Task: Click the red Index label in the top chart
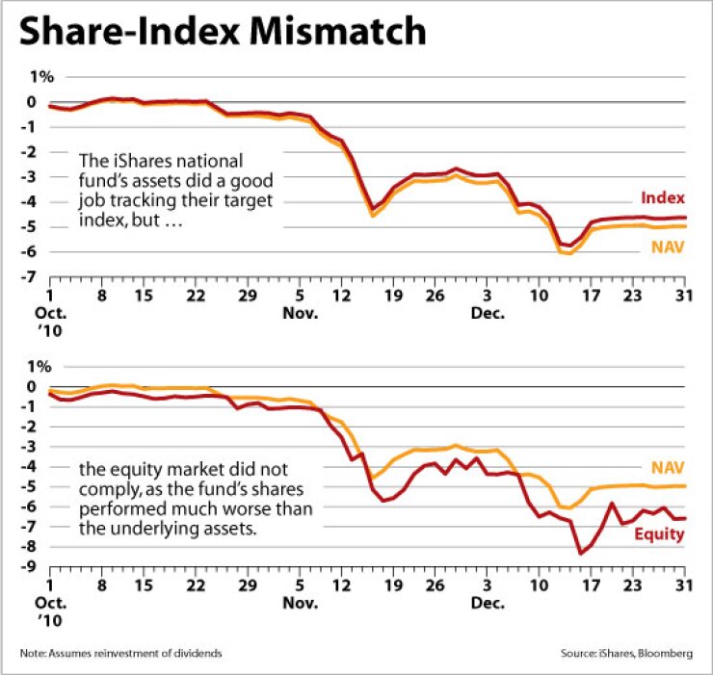tap(664, 197)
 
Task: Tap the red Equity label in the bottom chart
tap(661, 533)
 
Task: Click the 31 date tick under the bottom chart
tap(685, 584)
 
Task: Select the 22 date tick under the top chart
tap(196, 296)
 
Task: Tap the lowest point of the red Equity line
tap(580, 553)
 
